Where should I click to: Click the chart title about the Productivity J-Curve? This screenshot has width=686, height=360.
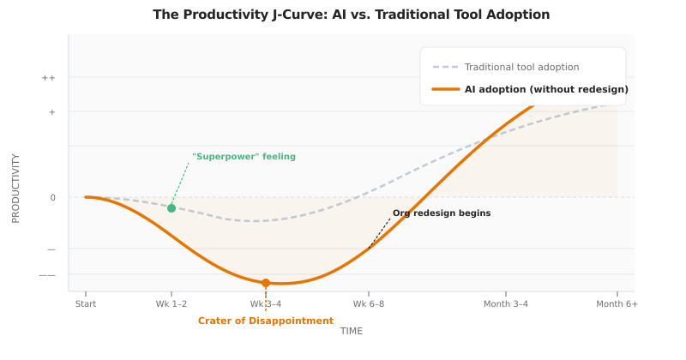point(351,15)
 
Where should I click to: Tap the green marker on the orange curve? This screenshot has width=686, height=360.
point(171,208)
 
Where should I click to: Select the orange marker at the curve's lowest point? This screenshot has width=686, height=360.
point(266,283)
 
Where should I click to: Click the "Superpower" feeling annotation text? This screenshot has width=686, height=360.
point(244,157)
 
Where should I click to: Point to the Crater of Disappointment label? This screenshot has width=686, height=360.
point(266,321)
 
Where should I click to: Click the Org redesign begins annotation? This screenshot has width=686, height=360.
point(442,213)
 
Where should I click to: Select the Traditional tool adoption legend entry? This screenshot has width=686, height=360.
point(521,67)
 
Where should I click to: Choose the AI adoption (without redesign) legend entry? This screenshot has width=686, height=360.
point(546,89)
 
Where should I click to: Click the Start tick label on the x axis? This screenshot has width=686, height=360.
point(86,304)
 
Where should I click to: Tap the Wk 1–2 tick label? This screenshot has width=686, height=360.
point(171,304)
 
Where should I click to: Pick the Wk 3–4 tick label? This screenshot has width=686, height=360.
point(266,304)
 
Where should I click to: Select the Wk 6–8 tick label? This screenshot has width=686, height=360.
point(369,304)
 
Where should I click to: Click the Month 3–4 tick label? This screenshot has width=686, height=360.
point(506,304)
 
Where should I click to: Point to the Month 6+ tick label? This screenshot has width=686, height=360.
point(617,304)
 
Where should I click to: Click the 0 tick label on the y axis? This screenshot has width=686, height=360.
point(52,198)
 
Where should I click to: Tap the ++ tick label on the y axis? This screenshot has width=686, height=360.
point(49,78)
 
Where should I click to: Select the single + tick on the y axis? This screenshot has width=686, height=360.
point(51,112)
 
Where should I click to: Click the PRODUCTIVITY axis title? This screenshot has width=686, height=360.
point(15,189)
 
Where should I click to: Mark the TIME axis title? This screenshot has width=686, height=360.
point(352,332)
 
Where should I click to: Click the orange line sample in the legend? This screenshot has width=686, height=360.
point(445,89)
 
